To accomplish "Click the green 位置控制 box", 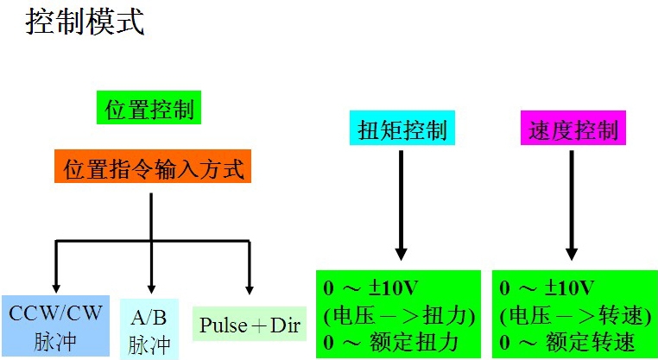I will [149, 111].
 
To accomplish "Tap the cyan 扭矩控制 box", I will [402, 130].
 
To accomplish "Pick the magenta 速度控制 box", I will [572, 130].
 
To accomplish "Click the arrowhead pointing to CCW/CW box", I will [56, 288].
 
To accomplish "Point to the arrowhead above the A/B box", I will [151, 288].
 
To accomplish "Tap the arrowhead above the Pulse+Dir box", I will [250, 288].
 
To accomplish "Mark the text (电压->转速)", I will [572, 314].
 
